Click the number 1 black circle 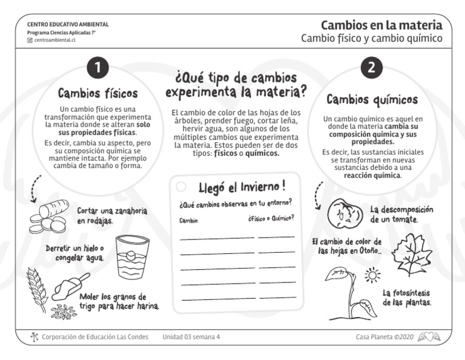point(97,68)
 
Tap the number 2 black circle point(371,68)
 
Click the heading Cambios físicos point(97,93)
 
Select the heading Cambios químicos point(372,99)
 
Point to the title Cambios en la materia point(381,25)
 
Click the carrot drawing point(50,215)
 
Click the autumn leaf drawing point(411,253)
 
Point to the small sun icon point(372,276)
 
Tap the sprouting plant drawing point(348,294)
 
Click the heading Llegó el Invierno point(242,185)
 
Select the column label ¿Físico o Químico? point(271,218)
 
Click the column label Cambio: point(189,221)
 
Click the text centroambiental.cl point(54,40)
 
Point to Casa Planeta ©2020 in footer point(384,336)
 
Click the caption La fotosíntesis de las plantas point(407,297)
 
